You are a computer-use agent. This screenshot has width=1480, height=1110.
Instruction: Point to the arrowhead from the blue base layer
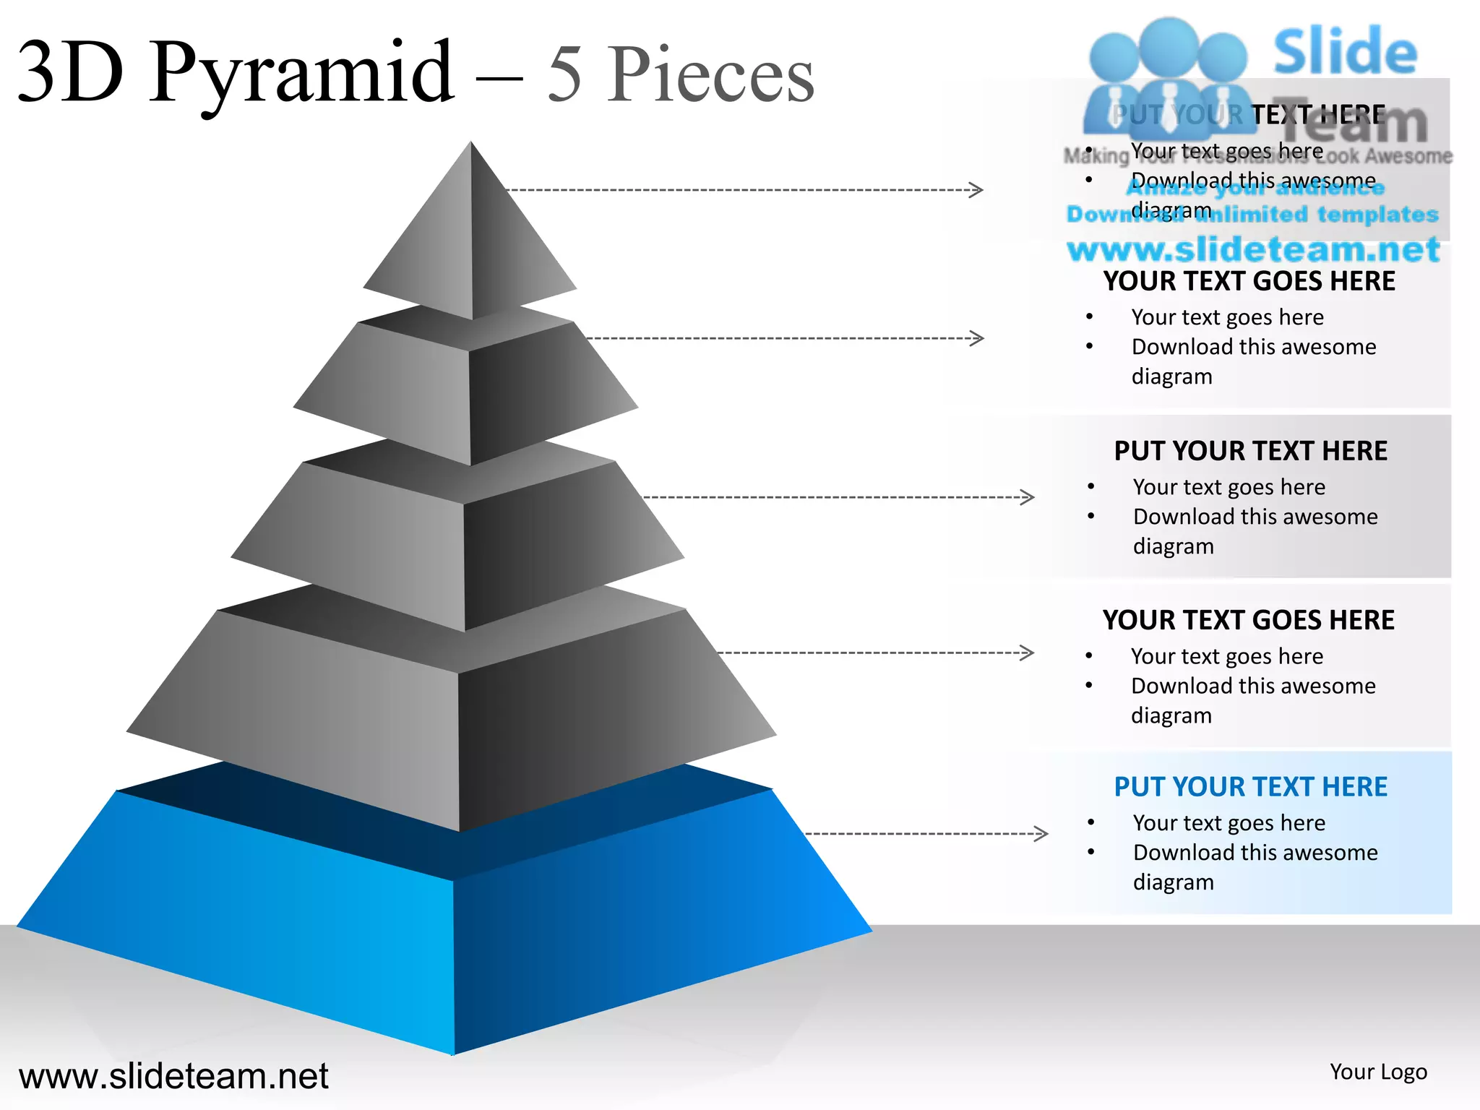tap(1041, 833)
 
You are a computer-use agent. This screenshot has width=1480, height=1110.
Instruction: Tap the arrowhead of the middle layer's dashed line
tap(1027, 497)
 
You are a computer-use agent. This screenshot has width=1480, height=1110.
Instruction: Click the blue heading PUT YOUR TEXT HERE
tap(1250, 786)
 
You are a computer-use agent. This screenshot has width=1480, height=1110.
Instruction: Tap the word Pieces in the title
tap(711, 75)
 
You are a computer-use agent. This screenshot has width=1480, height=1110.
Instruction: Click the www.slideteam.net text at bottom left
tap(173, 1076)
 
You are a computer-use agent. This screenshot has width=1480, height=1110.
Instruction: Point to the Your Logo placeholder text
tap(1378, 1072)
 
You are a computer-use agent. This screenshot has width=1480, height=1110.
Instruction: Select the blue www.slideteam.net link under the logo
tap(1253, 249)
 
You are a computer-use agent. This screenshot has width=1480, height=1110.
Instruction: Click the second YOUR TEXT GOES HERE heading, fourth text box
tap(1249, 620)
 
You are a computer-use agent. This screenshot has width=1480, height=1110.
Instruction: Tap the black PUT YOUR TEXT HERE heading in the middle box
tap(1250, 451)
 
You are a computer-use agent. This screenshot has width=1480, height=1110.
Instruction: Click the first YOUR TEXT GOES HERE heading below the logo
tap(1249, 281)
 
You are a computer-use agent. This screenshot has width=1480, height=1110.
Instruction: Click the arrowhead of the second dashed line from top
tap(976, 338)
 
